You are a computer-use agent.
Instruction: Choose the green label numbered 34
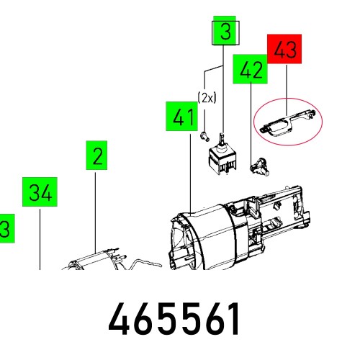pyautogui.click(x=42, y=192)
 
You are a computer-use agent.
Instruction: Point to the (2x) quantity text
pyautogui.click(x=207, y=99)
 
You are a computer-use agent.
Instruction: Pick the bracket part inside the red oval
pyautogui.click(x=287, y=120)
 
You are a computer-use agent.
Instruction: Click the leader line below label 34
pyautogui.click(x=39, y=238)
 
